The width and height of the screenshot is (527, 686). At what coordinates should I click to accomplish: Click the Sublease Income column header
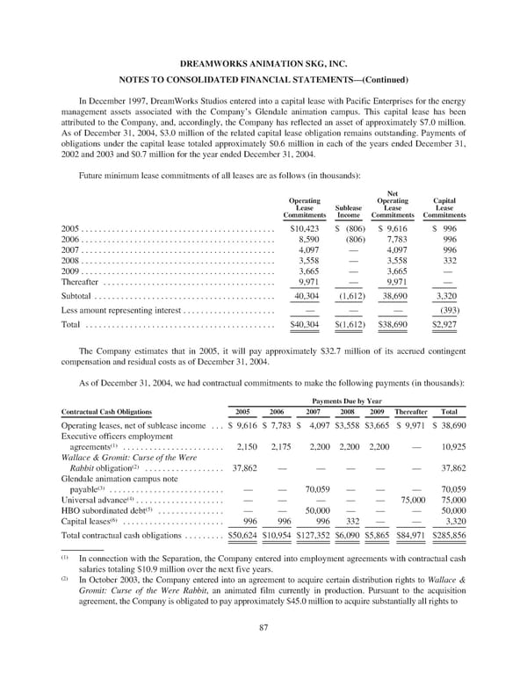point(350,206)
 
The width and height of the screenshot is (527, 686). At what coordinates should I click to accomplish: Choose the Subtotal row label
point(73,297)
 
